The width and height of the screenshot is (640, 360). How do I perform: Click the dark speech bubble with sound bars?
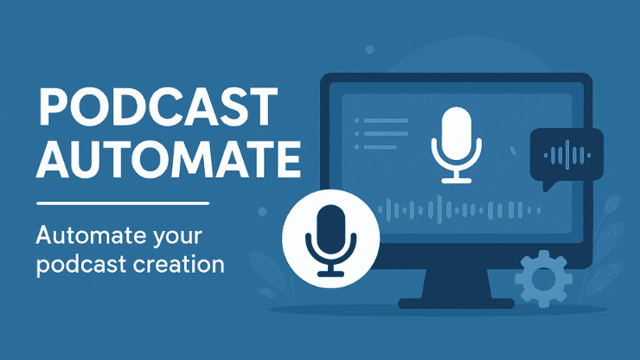click(565, 156)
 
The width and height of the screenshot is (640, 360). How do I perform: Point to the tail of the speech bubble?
click(545, 185)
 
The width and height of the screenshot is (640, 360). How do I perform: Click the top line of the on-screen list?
click(386, 121)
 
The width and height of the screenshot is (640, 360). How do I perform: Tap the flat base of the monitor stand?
click(456, 302)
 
